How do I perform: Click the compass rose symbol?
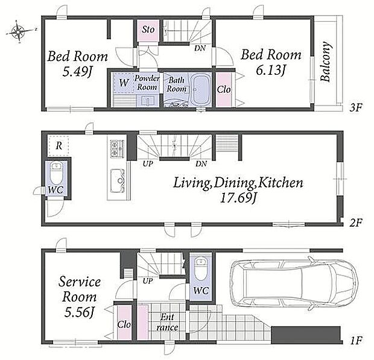point(18,31)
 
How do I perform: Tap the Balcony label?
point(326,62)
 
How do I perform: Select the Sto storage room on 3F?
point(148,30)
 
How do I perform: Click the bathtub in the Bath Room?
point(201,90)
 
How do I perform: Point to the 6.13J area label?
point(270,70)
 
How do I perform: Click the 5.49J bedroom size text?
point(77,71)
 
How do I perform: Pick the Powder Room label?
point(147,83)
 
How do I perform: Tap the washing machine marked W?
point(124,83)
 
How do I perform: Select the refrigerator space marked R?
point(58,146)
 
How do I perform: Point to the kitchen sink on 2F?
point(118,180)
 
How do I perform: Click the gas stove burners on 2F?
point(117,148)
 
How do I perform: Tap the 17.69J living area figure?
point(238,197)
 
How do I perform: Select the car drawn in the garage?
point(294,282)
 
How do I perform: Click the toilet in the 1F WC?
point(201,269)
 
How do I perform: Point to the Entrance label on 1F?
point(168,323)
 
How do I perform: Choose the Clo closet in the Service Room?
point(124,323)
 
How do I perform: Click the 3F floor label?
point(356,108)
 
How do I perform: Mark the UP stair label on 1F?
point(148,281)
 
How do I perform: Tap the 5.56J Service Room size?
point(80,312)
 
